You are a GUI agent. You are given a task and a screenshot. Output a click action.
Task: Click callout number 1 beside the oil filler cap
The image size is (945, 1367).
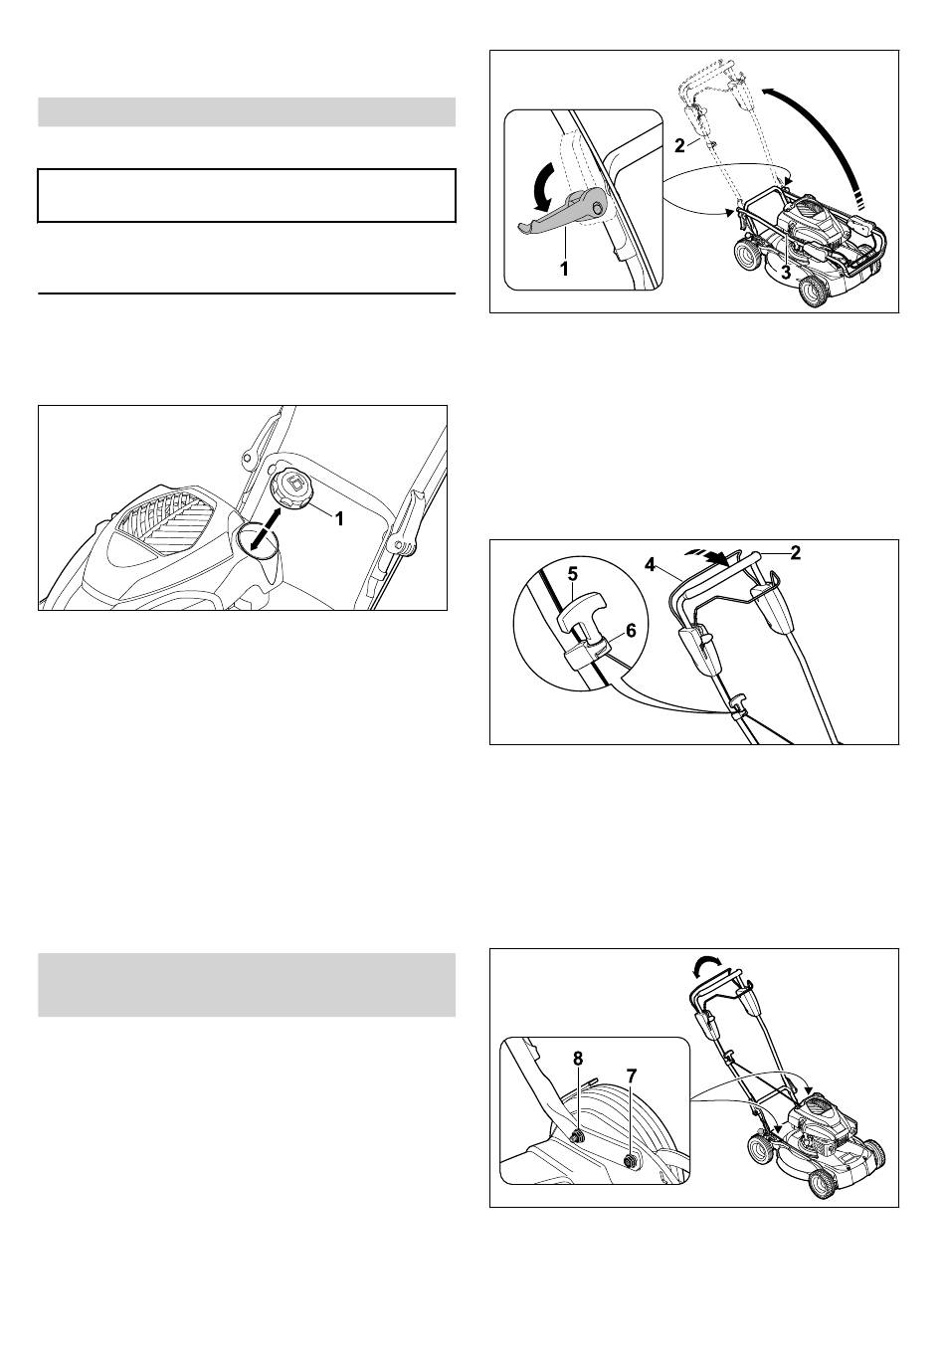[339, 518]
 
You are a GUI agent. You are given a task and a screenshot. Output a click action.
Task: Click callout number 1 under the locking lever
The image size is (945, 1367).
[564, 269]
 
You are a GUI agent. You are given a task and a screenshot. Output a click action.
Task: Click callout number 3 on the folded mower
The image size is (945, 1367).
[786, 273]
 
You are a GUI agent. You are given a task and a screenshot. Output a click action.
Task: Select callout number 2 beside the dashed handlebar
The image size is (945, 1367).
[679, 146]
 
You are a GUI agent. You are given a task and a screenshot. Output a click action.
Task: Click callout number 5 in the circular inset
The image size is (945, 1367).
[573, 574]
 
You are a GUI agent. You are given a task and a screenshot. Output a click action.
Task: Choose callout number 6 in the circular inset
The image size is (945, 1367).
[631, 630]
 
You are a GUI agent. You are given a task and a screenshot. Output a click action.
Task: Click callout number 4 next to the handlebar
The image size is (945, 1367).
[650, 565]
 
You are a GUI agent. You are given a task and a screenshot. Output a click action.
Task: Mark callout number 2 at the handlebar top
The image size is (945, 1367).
[795, 552]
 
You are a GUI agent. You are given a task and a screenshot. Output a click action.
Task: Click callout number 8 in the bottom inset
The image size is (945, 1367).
[577, 1059]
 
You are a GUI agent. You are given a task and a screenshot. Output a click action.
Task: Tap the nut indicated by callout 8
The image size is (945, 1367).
[575, 1136]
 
